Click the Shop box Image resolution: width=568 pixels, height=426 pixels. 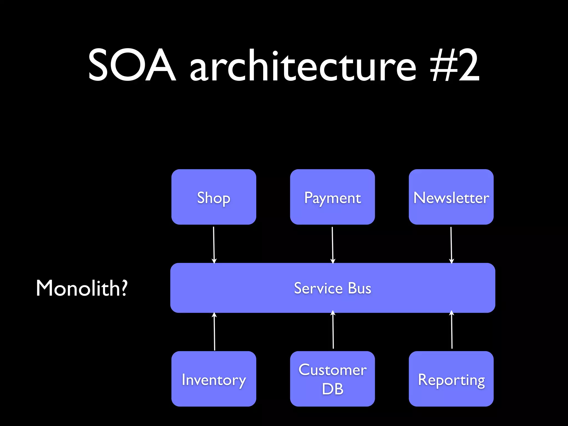pyautogui.click(x=214, y=197)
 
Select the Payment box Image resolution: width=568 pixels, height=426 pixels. pyautogui.click(x=332, y=197)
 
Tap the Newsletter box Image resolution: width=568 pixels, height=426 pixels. pyautogui.click(x=451, y=197)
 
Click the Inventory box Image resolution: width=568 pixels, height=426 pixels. pyautogui.click(x=214, y=379)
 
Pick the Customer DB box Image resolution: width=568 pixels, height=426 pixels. pyautogui.click(x=332, y=379)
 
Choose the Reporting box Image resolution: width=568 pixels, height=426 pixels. pyautogui.click(x=451, y=379)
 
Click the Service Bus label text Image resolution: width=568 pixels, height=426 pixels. pyautogui.click(x=332, y=288)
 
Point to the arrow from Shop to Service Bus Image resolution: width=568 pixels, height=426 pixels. pyautogui.click(x=214, y=244)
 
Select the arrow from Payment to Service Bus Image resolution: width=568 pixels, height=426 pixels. pyautogui.click(x=333, y=244)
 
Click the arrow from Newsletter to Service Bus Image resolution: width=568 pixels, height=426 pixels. pyautogui.click(x=451, y=244)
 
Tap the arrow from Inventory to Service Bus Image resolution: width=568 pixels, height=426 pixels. pyautogui.click(x=214, y=331)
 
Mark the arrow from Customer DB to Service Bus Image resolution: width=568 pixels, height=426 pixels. pyautogui.click(x=333, y=330)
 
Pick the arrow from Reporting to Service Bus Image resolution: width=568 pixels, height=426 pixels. pyautogui.click(x=452, y=330)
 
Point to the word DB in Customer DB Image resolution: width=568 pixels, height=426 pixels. pyautogui.click(x=333, y=389)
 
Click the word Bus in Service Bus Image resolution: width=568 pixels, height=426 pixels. pyautogui.click(x=359, y=288)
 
